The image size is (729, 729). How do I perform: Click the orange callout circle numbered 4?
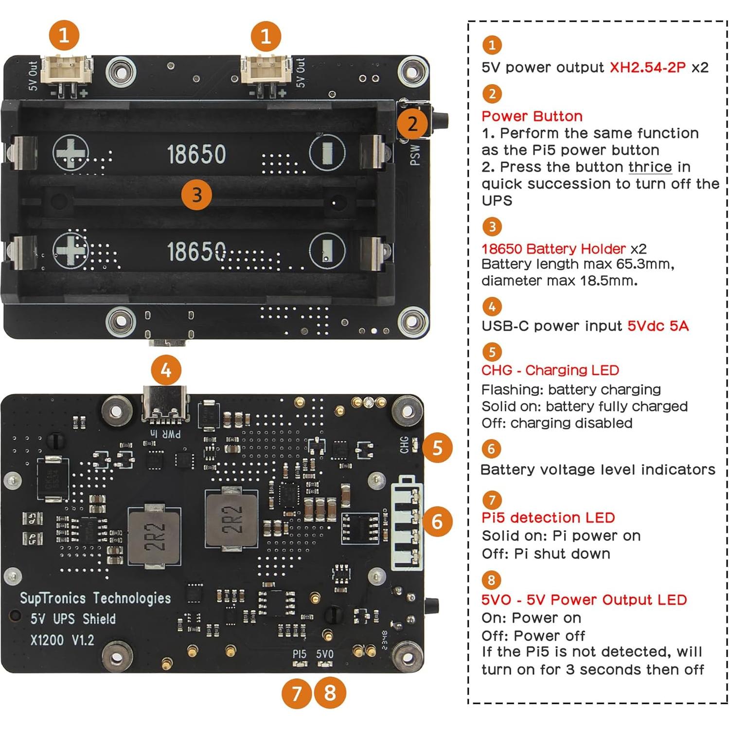166,371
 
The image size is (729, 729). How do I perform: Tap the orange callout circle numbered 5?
437,447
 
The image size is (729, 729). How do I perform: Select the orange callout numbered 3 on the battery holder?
196,195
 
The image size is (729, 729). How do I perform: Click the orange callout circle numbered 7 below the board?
297,693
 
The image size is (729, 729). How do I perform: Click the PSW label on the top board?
415,155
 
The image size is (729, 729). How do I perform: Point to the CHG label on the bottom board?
404,445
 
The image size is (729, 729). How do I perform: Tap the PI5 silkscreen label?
300,654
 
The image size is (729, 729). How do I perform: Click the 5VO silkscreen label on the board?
325,654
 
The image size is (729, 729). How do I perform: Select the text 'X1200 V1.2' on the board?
62,640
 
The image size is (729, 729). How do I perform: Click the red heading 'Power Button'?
532,116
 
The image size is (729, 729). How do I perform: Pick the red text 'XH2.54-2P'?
647,67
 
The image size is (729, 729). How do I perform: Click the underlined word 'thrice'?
650,167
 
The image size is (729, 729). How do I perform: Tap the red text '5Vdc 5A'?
658,326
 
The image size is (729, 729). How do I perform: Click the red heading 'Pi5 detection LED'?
548,517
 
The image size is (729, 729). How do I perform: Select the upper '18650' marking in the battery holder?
196,154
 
